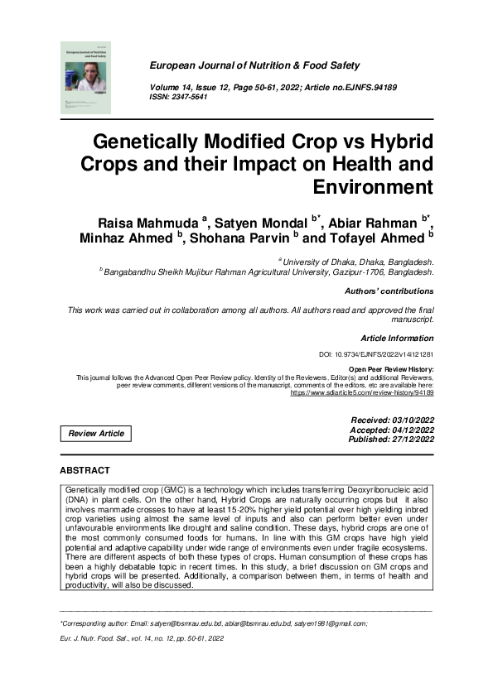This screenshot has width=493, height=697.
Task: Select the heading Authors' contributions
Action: click(389, 291)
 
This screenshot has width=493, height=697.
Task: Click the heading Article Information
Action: click(397, 339)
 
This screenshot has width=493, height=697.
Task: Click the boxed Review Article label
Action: click(96, 433)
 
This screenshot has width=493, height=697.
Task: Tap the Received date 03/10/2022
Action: click(392, 421)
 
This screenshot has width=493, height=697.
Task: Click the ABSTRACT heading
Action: click(85, 470)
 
